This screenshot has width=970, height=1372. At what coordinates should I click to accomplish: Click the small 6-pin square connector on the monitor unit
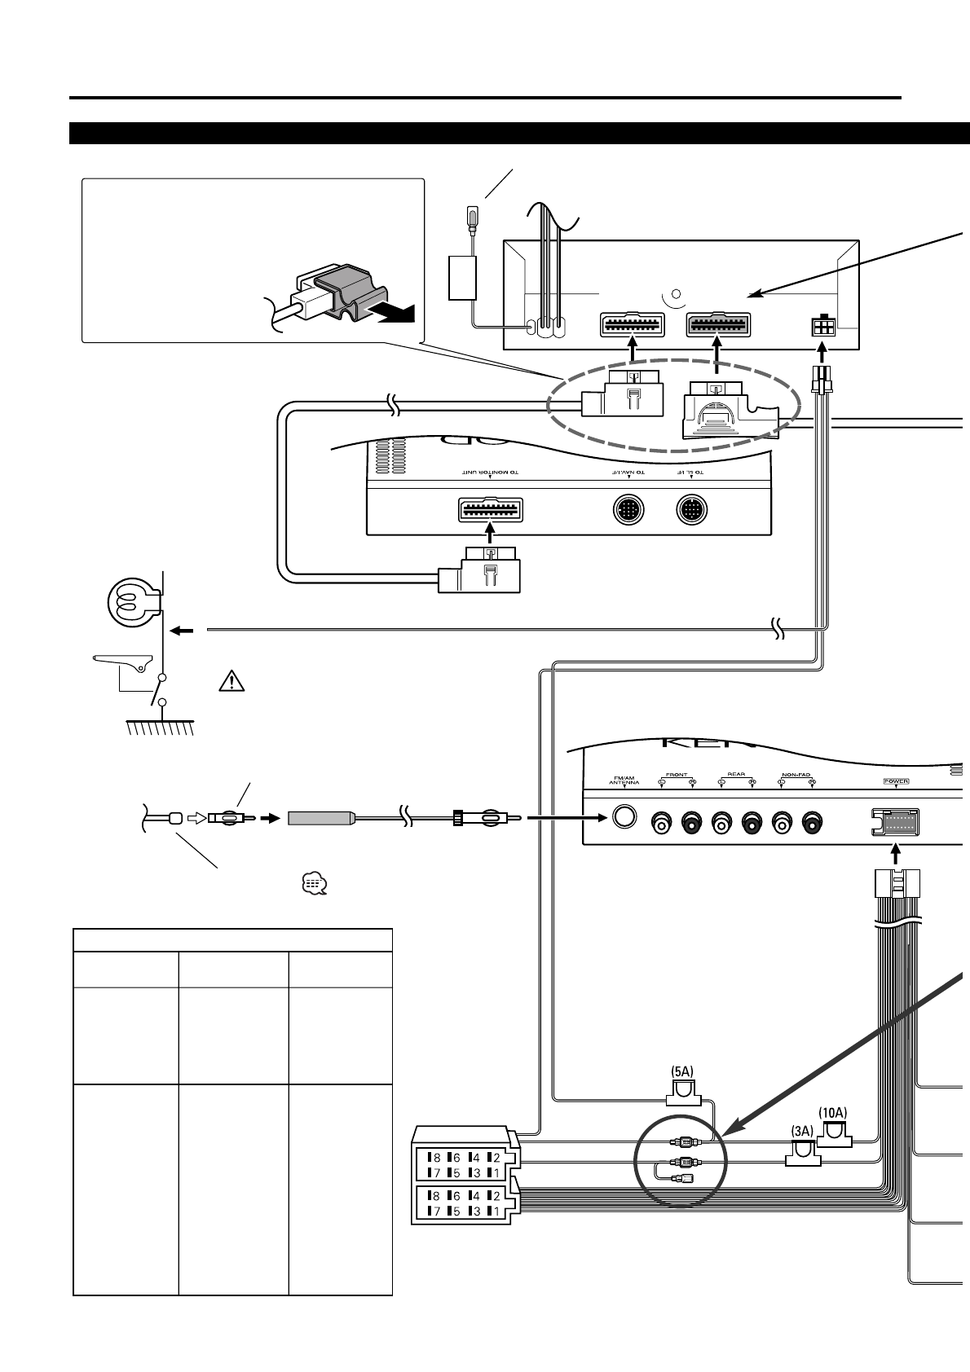coord(822,327)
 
